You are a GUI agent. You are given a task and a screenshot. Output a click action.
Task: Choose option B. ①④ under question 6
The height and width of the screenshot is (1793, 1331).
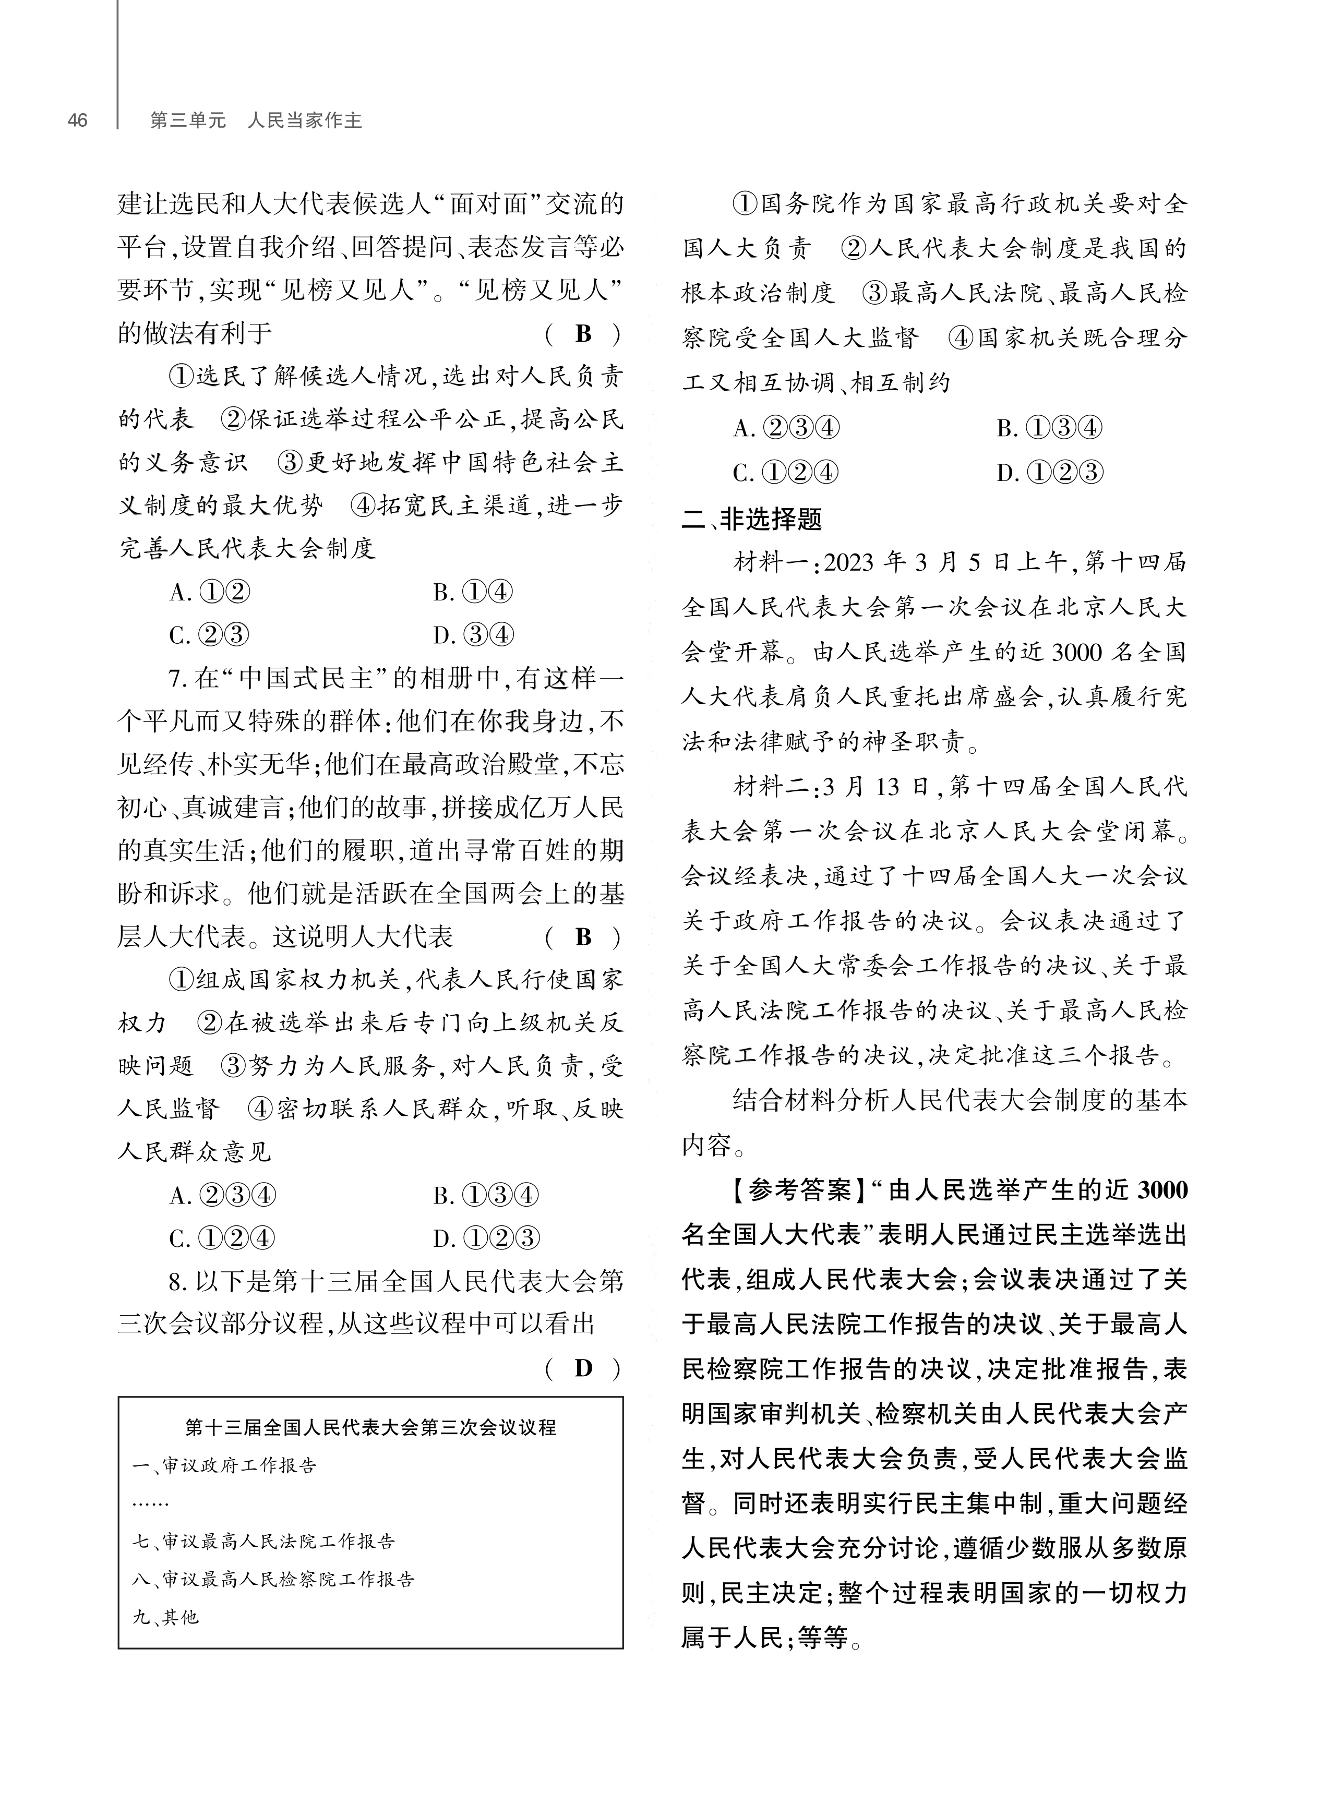(x=472, y=593)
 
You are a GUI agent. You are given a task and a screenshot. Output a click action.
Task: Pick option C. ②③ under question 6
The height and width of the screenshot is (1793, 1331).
(x=209, y=635)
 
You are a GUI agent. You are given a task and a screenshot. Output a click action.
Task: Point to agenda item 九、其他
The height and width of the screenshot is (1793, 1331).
(x=165, y=1617)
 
